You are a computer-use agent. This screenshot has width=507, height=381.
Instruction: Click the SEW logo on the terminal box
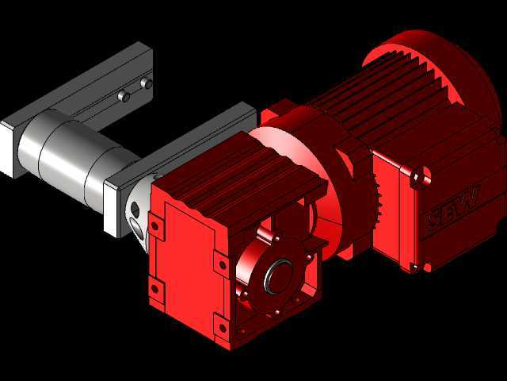(452, 207)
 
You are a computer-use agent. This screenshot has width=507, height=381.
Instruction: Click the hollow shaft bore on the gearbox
(280, 277)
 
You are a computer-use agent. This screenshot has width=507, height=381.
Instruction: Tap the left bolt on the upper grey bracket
(124, 96)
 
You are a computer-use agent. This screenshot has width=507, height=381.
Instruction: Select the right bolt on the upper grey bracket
(147, 83)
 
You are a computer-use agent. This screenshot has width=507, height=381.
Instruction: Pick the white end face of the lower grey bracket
(111, 209)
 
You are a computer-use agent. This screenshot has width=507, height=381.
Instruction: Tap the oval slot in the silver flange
(137, 229)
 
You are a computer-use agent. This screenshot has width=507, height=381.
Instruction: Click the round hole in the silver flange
(135, 210)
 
